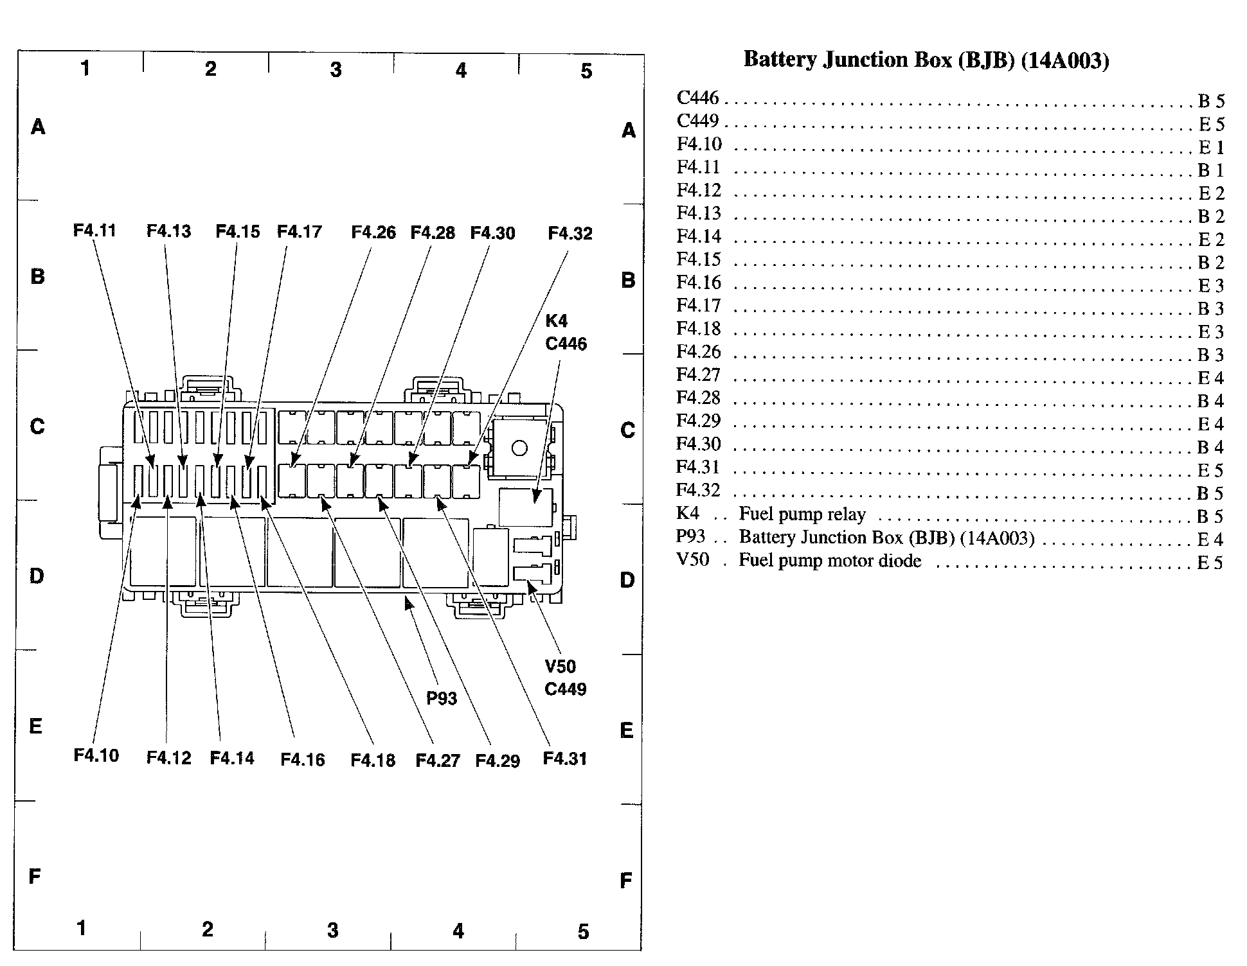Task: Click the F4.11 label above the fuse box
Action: pos(94,230)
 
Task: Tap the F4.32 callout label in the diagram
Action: pos(570,233)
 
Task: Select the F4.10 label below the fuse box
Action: pos(96,755)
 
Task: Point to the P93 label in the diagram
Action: pos(442,698)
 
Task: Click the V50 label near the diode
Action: pos(561,666)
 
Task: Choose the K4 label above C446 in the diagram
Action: pos(557,321)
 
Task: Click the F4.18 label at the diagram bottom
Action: pos(373,760)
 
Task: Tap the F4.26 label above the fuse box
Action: pos(373,232)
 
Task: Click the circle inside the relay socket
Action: pos(520,448)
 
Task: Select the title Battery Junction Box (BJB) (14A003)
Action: pos(926,60)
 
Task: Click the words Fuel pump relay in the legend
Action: pos(802,514)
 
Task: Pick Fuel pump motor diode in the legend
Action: pos(830,560)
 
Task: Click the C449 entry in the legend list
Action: pos(698,121)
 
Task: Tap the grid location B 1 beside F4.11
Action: pos(1211,170)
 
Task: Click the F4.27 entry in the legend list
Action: pos(699,374)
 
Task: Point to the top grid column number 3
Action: pos(336,69)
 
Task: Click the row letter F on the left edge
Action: pos(35,876)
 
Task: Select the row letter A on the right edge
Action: pos(629,130)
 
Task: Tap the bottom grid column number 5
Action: pos(583,931)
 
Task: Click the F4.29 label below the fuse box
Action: pos(498,761)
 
